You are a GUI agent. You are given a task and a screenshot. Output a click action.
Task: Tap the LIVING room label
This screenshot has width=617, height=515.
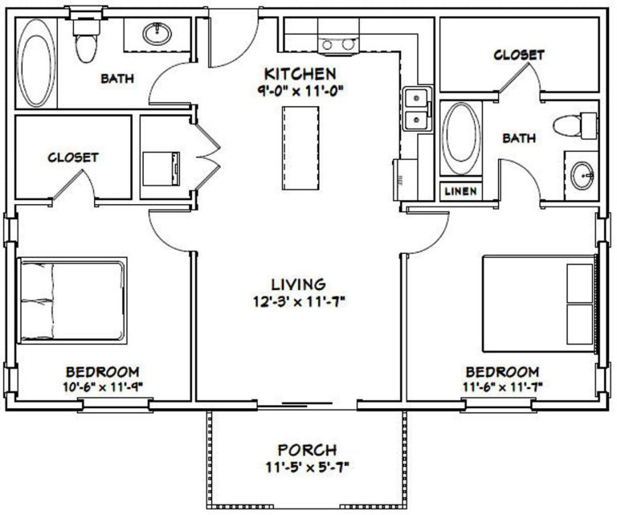[297, 284]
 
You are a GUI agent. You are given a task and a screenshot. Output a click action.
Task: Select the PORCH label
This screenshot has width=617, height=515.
[307, 449]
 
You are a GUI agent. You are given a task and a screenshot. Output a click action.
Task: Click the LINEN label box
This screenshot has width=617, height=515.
[460, 191]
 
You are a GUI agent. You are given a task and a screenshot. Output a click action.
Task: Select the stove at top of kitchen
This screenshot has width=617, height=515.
[337, 43]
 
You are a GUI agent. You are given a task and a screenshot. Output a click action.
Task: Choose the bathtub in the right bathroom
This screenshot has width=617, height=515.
[460, 138]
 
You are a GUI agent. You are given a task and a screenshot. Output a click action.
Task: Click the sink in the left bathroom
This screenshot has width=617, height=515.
[157, 35]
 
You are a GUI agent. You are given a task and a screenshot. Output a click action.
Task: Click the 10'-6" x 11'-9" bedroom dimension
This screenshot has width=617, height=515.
[102, 386]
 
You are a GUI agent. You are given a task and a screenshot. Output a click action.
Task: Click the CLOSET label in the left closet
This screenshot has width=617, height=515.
[73, 157]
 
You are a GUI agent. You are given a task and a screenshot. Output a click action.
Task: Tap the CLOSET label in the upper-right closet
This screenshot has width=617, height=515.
[518, 55]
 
